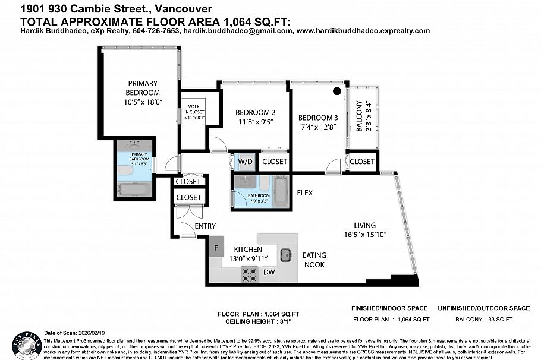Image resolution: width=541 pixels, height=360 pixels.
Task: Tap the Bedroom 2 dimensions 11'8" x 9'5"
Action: coord(255,123)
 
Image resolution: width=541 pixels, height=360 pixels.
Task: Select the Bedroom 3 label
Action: coord(317,117)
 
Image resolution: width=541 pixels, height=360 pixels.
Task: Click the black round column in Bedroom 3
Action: coord(337,91)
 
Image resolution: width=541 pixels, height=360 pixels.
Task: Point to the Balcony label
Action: coord(359,116)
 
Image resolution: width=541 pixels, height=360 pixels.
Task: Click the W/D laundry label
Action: coord(245,161)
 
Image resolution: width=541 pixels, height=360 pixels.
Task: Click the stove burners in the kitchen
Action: coord(249,274)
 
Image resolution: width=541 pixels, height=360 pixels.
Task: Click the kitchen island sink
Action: coord(286,254)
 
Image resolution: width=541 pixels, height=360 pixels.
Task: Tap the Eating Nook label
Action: coord(314,260)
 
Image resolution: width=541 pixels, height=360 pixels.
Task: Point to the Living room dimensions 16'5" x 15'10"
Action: coord(364,235)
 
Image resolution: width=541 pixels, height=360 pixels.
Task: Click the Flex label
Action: coord(304,193)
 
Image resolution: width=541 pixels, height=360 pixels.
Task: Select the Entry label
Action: coord(205,226)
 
